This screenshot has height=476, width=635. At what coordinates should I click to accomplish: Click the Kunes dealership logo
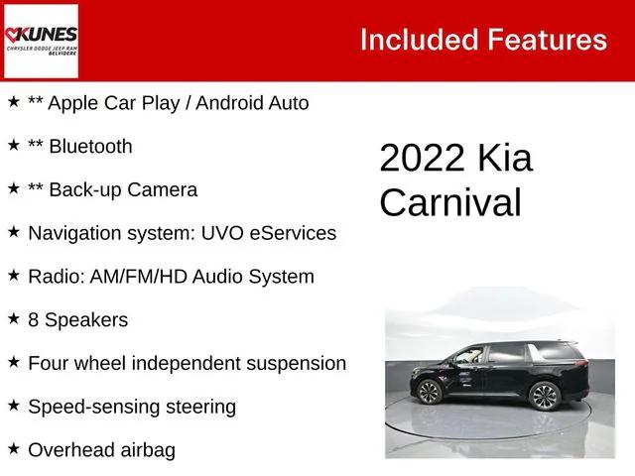[x=41, y=41]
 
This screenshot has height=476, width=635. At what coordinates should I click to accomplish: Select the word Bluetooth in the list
[x=90, y=147]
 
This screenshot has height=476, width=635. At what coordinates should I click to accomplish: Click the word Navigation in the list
[x=74, y=234]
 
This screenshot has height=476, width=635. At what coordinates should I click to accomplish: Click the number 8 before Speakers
[x=35, y=320]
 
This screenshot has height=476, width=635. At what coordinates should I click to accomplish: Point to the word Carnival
[x=449, y=202]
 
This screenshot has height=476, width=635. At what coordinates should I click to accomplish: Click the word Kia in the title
[x=505, y=159]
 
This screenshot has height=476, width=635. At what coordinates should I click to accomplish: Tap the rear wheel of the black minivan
[x=545, y=396]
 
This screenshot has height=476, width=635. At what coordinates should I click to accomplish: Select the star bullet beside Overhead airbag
[x=14, y=449]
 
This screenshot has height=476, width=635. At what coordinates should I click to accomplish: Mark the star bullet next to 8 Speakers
[x=14, y=319]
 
